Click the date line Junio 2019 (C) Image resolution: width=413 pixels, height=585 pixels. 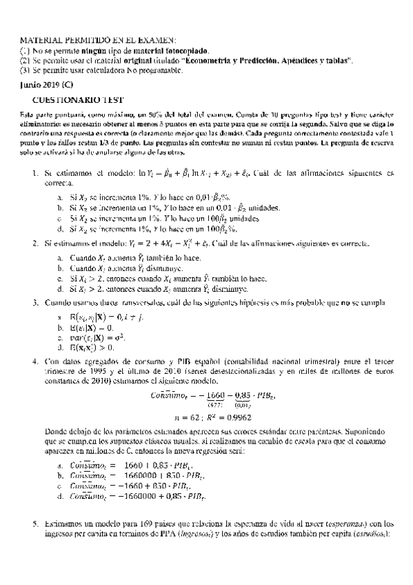(46, 86)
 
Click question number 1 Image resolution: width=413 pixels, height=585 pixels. (35, 172)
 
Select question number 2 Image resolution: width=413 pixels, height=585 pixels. (35, 244)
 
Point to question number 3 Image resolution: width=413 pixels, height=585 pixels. (35, 303)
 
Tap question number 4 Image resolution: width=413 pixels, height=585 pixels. (35, 360)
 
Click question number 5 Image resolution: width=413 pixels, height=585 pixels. (35, 542)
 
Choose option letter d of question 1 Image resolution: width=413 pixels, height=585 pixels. (61, 228)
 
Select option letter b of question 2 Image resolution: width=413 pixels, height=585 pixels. (61, 267)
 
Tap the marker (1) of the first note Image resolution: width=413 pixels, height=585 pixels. (25, 51)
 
